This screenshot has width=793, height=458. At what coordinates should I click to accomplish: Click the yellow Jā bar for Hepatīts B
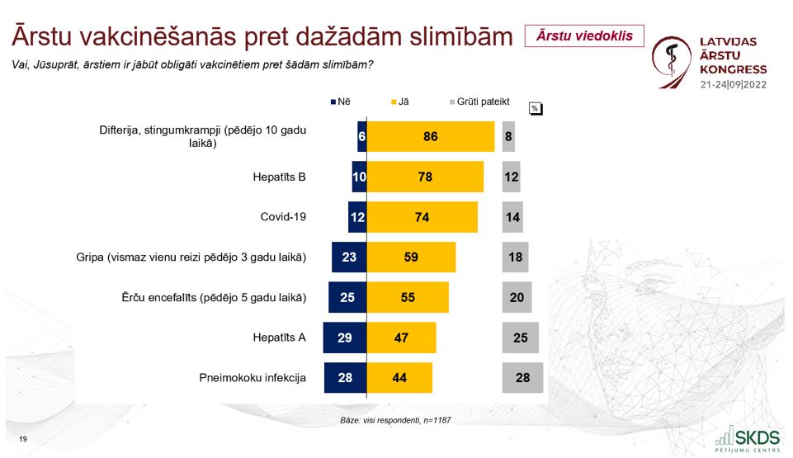425,177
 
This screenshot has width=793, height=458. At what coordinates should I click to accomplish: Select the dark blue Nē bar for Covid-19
357,217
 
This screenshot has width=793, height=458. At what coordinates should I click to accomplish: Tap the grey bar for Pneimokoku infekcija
522,378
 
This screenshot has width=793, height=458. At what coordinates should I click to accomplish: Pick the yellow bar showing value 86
430,136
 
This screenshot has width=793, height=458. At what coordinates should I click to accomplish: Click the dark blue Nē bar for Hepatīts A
345,338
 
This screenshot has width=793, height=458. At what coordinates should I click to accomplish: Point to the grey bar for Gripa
516,257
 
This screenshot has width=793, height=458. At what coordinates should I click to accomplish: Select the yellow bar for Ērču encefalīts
408,297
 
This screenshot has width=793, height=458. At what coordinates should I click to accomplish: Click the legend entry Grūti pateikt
479,102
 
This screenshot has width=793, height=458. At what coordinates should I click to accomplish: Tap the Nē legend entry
340,102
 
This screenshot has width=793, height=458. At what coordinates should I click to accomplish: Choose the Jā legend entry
398,102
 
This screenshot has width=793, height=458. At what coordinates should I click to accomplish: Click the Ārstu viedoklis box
584,35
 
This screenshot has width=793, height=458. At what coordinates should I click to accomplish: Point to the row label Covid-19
283,217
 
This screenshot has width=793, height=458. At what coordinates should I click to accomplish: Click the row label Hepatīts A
280,338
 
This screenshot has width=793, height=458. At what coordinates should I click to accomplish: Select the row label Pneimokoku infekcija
253,378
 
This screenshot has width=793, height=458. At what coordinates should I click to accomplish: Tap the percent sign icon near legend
535,108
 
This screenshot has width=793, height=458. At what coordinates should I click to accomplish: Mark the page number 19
22,438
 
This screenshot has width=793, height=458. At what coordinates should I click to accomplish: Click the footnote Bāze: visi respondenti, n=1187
395,420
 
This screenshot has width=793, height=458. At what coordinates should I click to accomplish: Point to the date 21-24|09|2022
733,85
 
